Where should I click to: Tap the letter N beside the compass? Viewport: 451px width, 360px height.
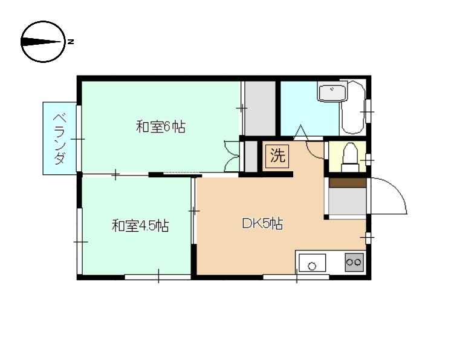tap(71, 42)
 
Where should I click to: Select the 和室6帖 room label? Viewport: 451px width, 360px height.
tap(160, 127)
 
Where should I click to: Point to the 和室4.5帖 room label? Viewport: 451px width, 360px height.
tap(140, 226)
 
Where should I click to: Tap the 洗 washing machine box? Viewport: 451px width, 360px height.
tap(277, 156)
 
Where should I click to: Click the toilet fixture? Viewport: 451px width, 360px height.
tap(349, 157)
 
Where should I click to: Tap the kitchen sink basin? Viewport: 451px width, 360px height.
tap(312, 264)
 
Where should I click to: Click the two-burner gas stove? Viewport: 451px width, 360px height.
tap(354, 262)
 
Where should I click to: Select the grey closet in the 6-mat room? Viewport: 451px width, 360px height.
tap(259, 108)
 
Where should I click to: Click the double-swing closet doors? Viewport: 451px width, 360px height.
tap(232, 156)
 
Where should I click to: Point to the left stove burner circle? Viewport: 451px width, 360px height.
tap(349, 262)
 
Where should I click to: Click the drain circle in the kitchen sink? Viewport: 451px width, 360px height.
tap(312, 265)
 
